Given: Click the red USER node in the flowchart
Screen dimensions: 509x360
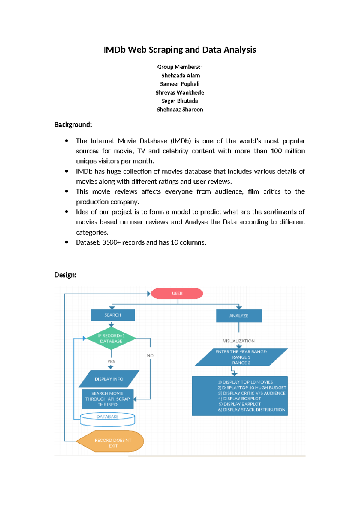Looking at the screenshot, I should click(177, 294).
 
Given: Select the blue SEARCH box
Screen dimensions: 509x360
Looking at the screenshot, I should click(113, 315).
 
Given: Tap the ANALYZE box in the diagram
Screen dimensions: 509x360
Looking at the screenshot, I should click(239, 316).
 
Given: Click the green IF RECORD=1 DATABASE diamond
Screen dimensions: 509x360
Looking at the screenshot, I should click(111, 339).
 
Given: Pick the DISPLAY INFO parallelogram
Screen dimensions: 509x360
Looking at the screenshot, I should click(109, 379).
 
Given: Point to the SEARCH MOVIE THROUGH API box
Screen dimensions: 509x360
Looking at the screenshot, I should click(107, 399).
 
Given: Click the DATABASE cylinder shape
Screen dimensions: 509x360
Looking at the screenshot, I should click(107, 419).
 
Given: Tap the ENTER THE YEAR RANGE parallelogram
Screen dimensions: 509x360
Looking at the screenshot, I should click(241, 357).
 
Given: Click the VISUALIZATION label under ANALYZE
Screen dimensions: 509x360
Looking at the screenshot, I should click(239, 341).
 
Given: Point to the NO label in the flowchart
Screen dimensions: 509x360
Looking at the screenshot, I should click(150, 356).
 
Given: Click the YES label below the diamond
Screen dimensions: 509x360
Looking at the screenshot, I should click(111, 362).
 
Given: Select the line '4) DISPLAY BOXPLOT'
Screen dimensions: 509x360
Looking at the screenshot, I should click(240, 399).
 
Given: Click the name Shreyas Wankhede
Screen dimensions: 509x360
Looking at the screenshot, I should click(180, 92).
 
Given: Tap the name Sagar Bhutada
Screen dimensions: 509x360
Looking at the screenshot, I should click(180, 101).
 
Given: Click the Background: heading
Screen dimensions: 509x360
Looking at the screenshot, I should click(73, 125).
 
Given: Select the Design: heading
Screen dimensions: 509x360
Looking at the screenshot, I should click(65, 275).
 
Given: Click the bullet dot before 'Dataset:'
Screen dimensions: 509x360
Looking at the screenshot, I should click(67, 242).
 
